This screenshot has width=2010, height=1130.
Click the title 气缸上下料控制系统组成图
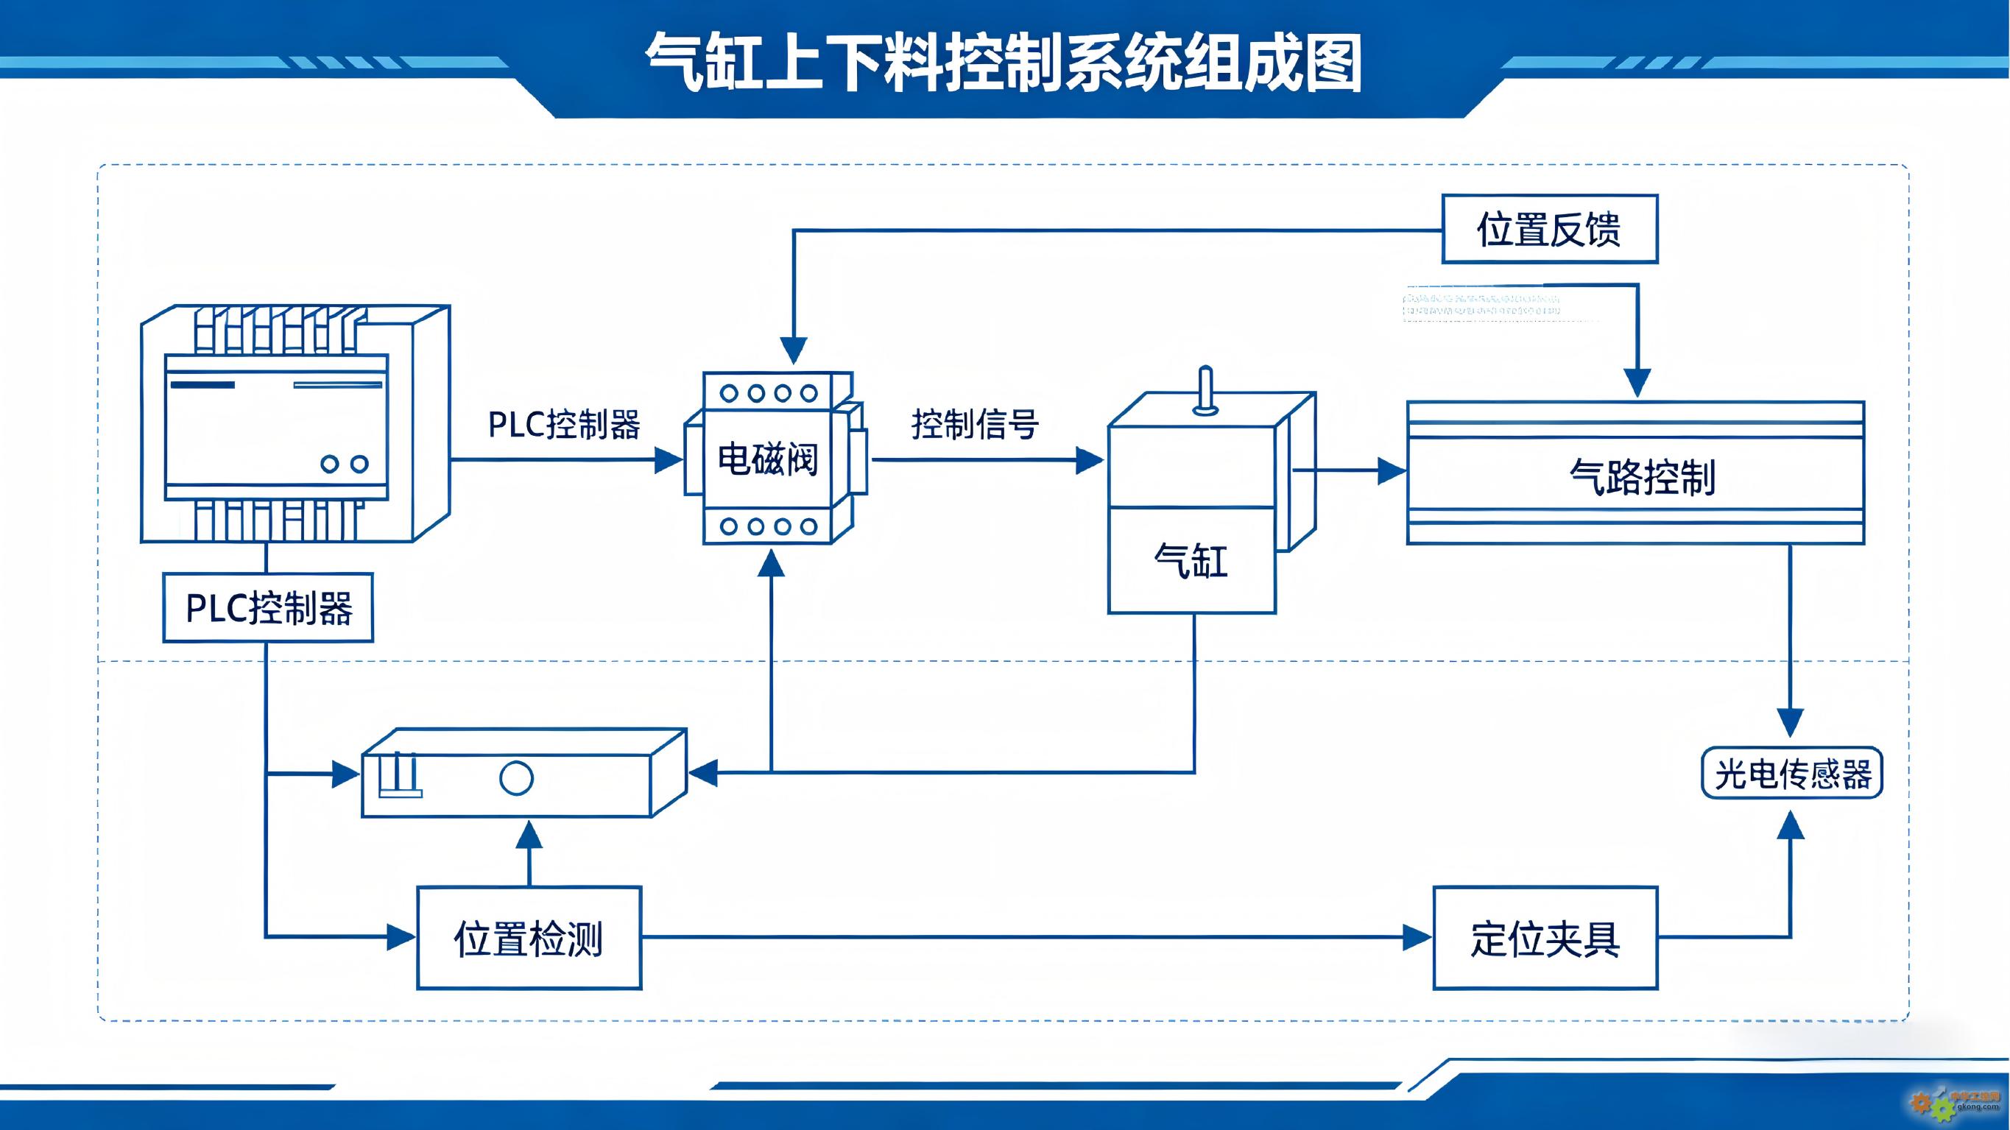pos(1004,63)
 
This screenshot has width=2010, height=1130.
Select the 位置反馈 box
pos(1549,230)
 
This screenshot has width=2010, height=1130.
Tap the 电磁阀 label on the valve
pos(768,459)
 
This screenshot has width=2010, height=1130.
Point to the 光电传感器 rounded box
pos(1792,774)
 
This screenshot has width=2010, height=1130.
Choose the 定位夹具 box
pos(1545,938)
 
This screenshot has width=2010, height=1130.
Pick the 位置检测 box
pos(529,938)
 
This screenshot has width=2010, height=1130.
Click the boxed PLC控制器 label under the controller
pos(269,608)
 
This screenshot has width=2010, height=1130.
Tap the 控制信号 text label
pos(975,425)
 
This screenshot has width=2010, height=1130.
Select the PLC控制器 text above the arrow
pos(564,425)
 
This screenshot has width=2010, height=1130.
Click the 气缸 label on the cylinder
pos(1191,560)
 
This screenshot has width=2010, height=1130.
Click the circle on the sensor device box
pos(516,778)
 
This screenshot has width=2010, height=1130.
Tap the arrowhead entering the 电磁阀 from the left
pos(669,459)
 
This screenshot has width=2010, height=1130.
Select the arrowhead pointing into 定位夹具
pos(1417,937)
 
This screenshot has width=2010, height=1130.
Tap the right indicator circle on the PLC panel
pos(359,465)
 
